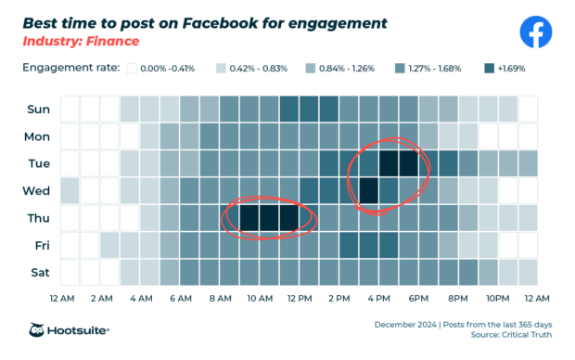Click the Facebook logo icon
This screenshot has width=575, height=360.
(x=535, y=32)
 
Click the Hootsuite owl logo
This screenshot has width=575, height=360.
(x=38, y=330)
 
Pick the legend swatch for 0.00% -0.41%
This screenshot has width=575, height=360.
(x=133, y=68)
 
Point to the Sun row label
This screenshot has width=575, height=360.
(x=38, y=109)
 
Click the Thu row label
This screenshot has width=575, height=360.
(x=38, y=218)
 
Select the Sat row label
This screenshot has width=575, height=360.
(x=38, y=273)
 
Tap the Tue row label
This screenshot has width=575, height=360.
(x=38, y=163)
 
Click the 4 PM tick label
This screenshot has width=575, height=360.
(x=378, y=299)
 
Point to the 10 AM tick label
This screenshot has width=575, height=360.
(x=260, y=299)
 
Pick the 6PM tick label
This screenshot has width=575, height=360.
(x=418, y=299)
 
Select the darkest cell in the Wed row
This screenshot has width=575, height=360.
(x=369, y=190)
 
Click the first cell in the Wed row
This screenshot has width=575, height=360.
(x=70, y=190)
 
